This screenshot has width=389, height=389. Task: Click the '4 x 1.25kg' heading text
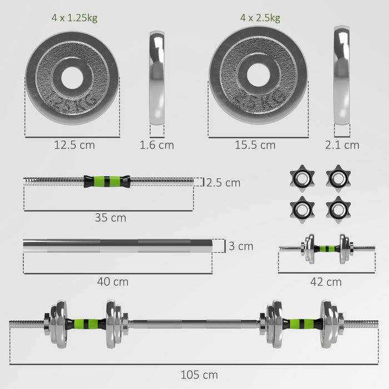pyautogui.click(x=74, y=18)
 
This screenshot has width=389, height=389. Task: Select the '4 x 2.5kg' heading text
pyautogui.click(x=260, y=18)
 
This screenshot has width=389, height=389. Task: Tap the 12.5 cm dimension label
pyautogui.click(x=74, y=145)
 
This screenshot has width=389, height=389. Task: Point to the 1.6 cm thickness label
pyautogui.click(x=156, y=145)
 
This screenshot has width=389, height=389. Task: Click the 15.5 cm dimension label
pyautogui.click(x=255, y=145)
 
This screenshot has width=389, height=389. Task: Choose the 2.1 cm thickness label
pyautogui.click(x=342, y=145)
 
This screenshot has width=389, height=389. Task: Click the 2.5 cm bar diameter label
pyautogui.click(x=223, y=182)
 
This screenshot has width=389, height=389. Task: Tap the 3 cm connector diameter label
pyautogui.click(x=241, y=246)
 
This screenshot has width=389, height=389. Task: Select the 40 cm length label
pyautogui.click(x=113, y=282)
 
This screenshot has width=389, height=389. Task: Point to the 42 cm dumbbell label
pyautogui.click(x=326, y=282)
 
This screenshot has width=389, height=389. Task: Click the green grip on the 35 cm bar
pyautogui.click(x=107, y=181)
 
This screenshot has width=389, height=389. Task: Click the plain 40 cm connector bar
pyautogui.click(x=117, y=246)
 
